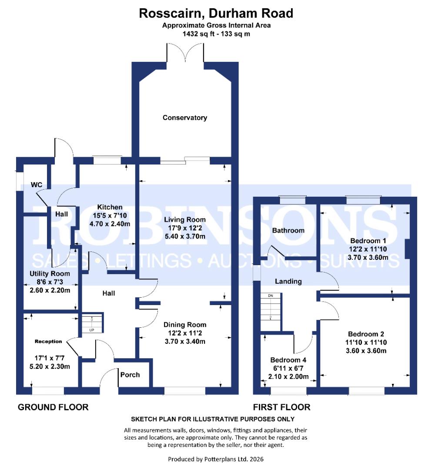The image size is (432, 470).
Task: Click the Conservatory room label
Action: (185, 117)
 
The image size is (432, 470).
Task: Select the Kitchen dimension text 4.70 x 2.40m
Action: (110, 224)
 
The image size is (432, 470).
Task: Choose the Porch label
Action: (130, 374)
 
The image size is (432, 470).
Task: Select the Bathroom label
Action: (288, 230)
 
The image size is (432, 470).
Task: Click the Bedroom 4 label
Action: (288, 360)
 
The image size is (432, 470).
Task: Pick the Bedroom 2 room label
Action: (366, 334)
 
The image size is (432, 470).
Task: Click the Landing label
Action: (288, 281)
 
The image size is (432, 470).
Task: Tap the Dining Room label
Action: (185, 325)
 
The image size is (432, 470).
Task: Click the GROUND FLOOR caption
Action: (53, 407)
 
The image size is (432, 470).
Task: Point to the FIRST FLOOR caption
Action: (282, 407)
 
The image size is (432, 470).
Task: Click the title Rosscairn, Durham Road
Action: (216, 13)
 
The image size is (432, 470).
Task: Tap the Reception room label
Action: (48, 341)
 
